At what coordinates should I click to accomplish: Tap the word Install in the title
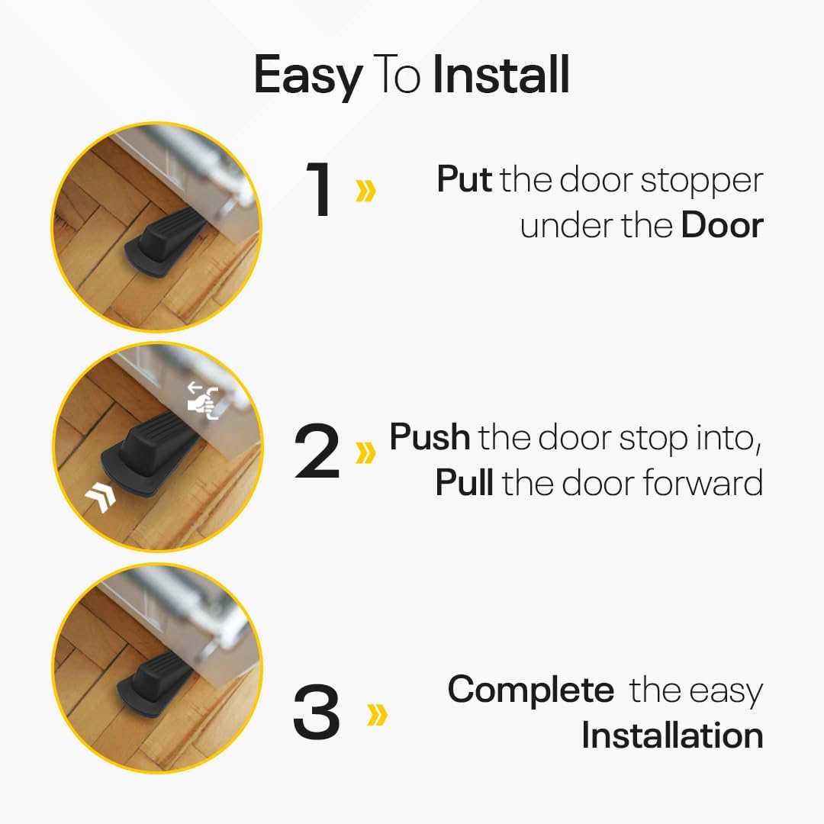[x=501, y=75]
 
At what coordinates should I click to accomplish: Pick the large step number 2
[x=317, y=450]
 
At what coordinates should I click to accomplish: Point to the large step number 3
[x=317, y=711]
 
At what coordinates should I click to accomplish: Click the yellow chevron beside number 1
[x=365, y=190]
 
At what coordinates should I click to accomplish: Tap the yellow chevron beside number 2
[x=365, y=452]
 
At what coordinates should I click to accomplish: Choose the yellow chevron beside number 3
[x=377, y=714]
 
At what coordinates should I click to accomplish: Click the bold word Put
[x=464, y=179]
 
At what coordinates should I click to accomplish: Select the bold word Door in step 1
[x=722, y=225]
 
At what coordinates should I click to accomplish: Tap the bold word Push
[x=430, y=436]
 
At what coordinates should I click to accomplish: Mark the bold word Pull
[x=464, y=482]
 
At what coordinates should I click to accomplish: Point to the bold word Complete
[x=531, y=689]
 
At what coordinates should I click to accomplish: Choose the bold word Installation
[x=672, y=735]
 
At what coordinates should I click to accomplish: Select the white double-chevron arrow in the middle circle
[x=101, y=496]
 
